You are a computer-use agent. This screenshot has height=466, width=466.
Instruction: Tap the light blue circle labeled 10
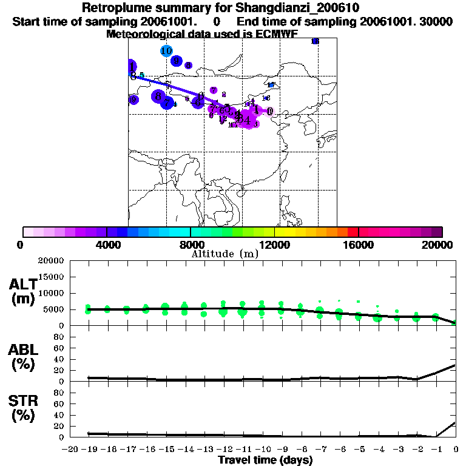(x=166, y=51)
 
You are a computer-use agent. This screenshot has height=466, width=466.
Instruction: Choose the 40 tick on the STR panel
(x=59, y=415)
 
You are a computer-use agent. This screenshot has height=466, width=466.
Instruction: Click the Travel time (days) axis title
(x=265, y=461)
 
